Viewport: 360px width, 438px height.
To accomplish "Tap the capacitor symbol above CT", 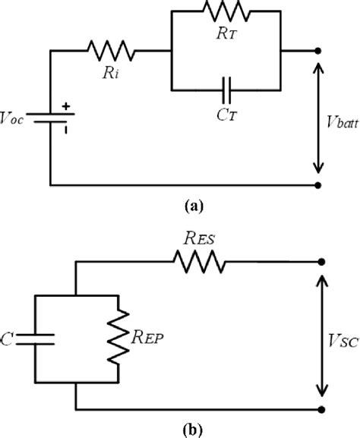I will (x=226, y=92).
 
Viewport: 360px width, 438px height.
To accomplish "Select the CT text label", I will (x=226, y=118).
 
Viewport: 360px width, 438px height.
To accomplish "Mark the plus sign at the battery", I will (x=67, y=107).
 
